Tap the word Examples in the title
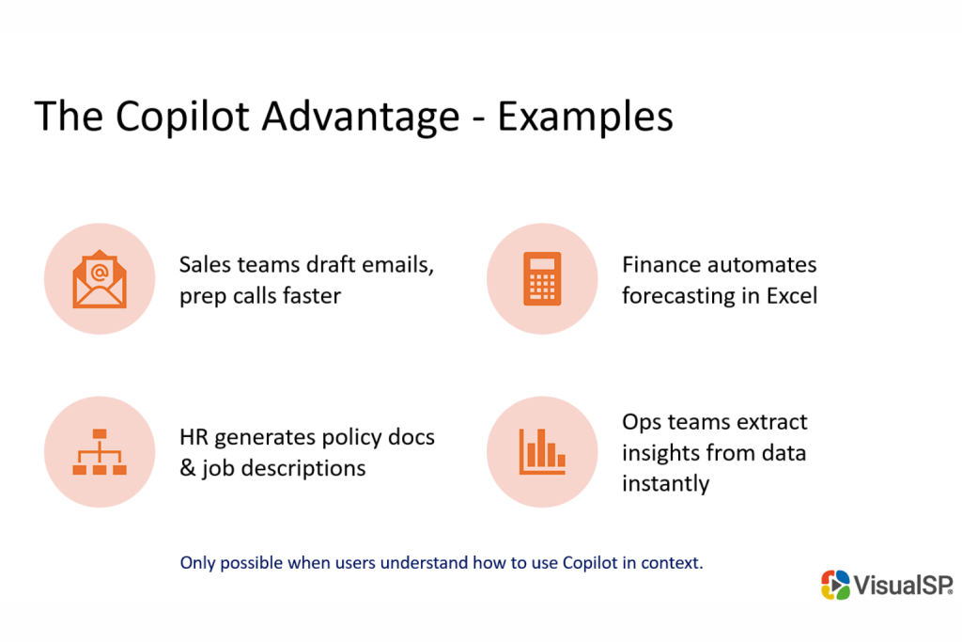[584, 117]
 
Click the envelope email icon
[100, 279]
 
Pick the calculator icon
[542, 279]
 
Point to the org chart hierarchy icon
[100, 452]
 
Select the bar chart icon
[542, 452]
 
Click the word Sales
[204, 265]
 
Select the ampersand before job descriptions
[187, 467]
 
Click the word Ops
[641, 422]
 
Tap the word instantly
[665, 483]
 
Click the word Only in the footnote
[197, 563]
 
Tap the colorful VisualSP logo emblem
[835, 585]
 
